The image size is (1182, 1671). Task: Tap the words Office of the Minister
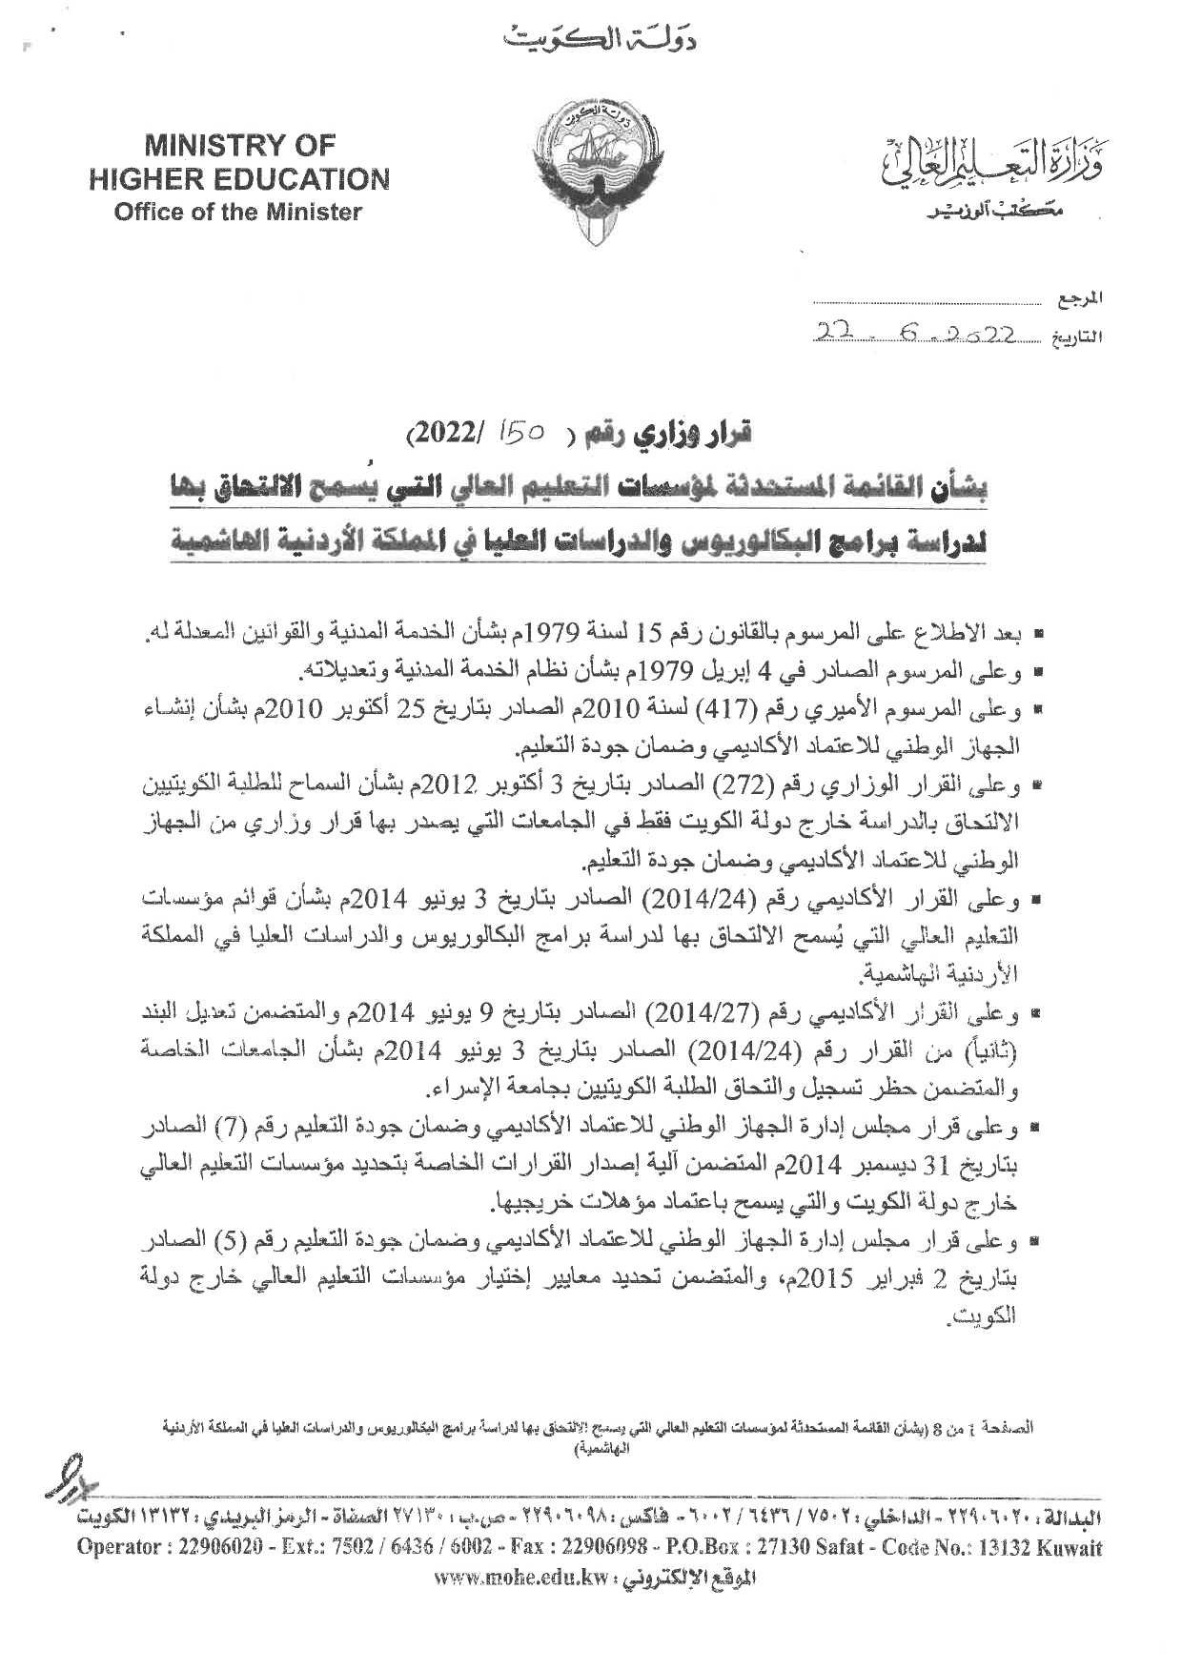[x=238, y=212]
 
